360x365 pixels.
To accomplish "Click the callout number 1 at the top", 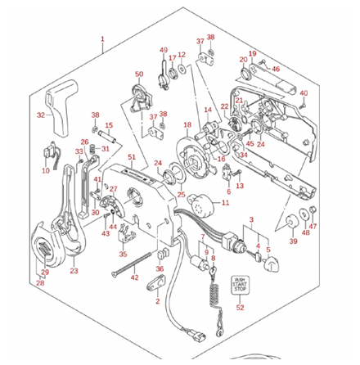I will click(x=103, y=39).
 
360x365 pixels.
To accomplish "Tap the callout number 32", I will click(x=41, y=115).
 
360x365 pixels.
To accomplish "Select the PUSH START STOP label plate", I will click(x=241, y=284).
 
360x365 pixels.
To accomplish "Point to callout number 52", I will click(x=241, y=308).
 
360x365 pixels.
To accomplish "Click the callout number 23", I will click(x=74, y=271).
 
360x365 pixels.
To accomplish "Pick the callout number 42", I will click(x=135, y=278).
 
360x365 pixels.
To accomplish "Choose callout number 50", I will click(x=139, y=74).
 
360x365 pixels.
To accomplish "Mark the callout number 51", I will click(x=132, y=156).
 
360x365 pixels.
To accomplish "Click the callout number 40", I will click(x=304, y=93).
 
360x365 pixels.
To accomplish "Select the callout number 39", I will click(x=292, y=242).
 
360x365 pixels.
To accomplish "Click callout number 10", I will click(x=46, y=171).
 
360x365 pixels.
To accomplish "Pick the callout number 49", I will click(x=163, y=50).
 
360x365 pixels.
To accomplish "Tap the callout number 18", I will click(x=187, y=125).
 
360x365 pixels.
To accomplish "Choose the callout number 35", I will click(x=123, y=255).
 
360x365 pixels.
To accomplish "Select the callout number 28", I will click(x=39, y=282).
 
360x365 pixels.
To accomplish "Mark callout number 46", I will click(x=276, y=70).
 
